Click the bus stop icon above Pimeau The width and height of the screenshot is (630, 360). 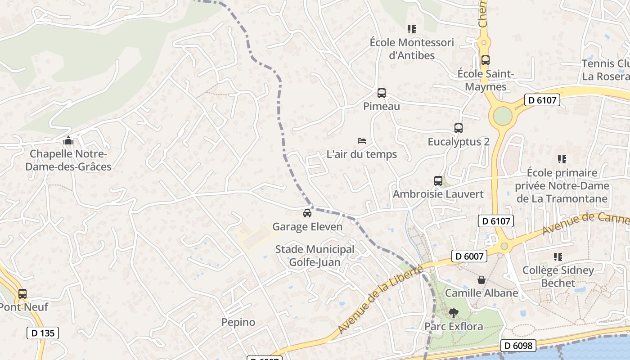[x=382, y=93]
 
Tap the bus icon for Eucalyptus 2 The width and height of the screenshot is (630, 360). [x=458, y=128]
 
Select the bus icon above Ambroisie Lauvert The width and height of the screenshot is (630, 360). [x=438, y=181]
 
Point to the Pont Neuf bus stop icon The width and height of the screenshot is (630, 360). [x=22, y=294]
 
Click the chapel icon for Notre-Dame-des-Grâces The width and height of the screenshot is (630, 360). [x=68, y=141]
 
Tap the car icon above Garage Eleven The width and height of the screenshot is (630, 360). [x=307, y=213]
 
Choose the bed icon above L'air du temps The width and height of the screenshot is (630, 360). [x=362, y=141]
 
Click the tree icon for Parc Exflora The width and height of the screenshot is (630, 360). [x=454, y=313]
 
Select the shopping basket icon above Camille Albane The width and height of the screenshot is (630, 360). [x=481, y=280]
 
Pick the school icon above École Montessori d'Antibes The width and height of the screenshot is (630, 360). [x=412, y=29]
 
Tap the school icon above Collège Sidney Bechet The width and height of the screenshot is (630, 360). [x=558, y=257]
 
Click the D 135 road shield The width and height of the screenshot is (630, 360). [x=43, y=333]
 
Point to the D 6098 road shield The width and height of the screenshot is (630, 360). [x=518, y=346]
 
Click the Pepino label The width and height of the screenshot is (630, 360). [x=238, y=322]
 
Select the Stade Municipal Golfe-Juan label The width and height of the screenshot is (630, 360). [x=315, y=256]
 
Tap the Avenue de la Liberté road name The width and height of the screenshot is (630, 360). [x=380, y=299]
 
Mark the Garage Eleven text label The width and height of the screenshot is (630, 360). [x=307, y=227]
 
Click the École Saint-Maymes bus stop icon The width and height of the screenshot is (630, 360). [x=485, y=60]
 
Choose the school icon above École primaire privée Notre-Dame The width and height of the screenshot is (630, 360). [x=562, y=159]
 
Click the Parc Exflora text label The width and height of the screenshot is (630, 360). [x=454, y=326]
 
